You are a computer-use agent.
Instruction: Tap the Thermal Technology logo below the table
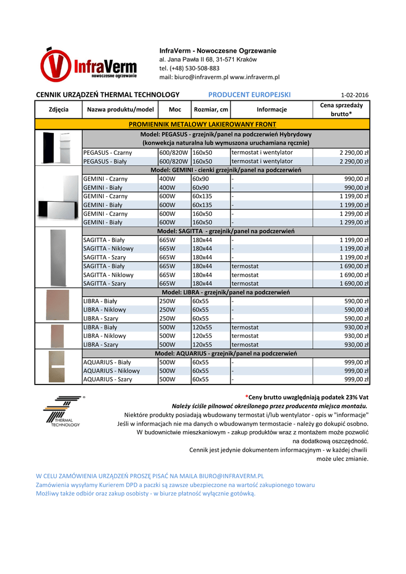coord(63,412)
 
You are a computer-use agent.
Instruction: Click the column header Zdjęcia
coord(58,109)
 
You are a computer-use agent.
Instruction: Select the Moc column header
coord(174,109)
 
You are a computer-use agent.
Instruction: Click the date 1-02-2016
coord(354,95)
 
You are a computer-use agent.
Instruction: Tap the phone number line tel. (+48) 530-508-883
coord(190,68)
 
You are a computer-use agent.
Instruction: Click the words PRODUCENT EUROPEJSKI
coord(246,95)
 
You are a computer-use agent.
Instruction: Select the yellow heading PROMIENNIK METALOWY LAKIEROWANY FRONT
coord(202,124)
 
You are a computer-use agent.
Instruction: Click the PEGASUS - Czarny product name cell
coord(108,152)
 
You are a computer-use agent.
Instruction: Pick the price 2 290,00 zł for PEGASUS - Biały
coord(354,161)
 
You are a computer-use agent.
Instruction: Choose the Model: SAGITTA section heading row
coord(226,231)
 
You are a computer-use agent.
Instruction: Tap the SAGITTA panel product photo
coord(58,257)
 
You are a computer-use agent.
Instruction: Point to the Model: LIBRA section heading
coord(226,292)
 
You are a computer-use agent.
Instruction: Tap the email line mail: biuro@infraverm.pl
coord(219,77)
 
